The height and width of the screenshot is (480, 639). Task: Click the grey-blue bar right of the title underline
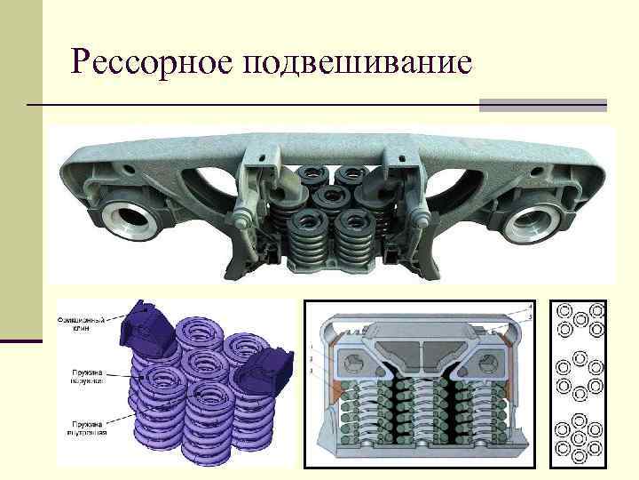click(542, 106)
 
